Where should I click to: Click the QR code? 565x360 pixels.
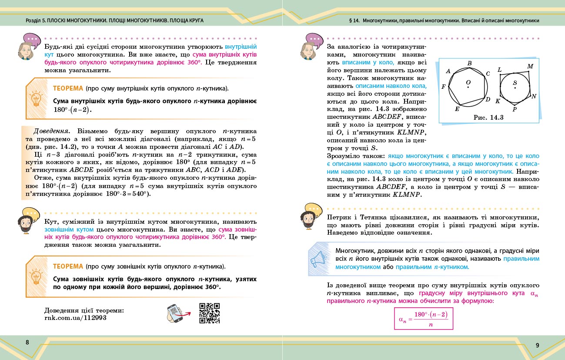(209, 313)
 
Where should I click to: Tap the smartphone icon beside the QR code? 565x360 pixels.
(176, 313)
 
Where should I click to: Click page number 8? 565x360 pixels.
(27, 342)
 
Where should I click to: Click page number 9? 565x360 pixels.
(537, 345)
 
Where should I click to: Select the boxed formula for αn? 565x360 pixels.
(423, 319)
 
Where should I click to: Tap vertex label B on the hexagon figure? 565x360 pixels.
(469, 64)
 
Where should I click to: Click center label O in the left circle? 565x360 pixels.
(468, 82)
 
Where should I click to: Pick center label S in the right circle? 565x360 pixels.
(515, 82)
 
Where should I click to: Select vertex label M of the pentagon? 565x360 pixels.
(530, 66)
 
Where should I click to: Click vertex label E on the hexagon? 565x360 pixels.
(457, 109)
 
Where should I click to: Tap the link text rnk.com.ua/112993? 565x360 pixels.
(75, 318)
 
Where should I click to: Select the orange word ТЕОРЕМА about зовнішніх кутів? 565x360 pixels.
(68, 266)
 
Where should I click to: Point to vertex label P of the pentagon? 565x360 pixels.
(515, 109)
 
